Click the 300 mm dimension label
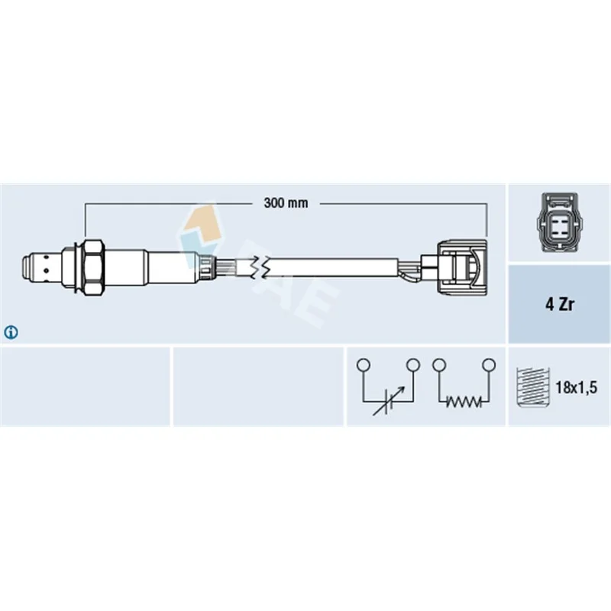[x=286, y=202]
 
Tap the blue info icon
[x=11, y=332]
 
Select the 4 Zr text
[x=560, y=304]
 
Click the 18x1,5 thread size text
[x=577, y=387]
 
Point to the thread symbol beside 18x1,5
[x=532, y=387]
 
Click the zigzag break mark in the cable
[x=260, y=268]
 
